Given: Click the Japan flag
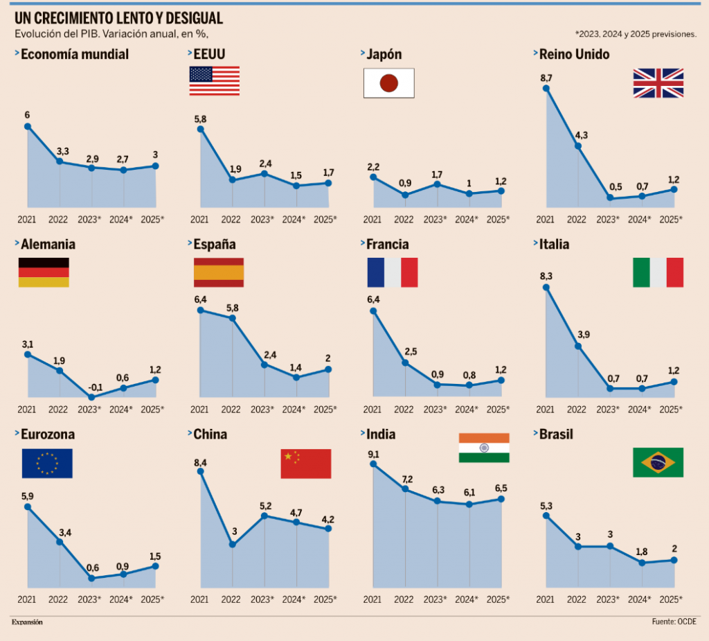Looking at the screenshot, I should [388, 82].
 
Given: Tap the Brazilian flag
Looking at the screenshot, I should [658, 462].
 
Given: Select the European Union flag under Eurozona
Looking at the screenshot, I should [47, 464].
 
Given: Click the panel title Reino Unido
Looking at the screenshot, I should [574, 54].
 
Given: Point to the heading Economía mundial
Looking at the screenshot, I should [75, 54].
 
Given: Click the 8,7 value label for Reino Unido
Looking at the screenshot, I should [546, 78].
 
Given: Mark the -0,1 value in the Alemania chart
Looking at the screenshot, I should [90, 387].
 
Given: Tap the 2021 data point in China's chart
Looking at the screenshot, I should [201, 472].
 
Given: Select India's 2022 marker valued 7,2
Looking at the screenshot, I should [406, 489].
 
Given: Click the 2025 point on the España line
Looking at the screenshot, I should [328, 369].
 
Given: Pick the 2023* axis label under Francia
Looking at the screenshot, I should [435, 410].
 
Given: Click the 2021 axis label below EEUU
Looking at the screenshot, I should [199, 220].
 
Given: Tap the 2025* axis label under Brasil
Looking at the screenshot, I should [671, 599].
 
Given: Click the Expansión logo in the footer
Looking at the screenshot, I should [27, 622].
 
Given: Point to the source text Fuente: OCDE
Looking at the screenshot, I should [674, 622].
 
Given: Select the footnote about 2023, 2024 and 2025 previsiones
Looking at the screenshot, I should [635, 33].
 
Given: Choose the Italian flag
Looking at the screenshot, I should [658, 272].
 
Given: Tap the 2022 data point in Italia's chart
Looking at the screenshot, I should [578, 346].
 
